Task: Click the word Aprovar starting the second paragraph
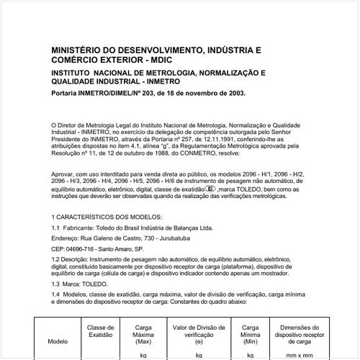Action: click(64, 174)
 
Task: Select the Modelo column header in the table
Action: click(58, 342)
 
